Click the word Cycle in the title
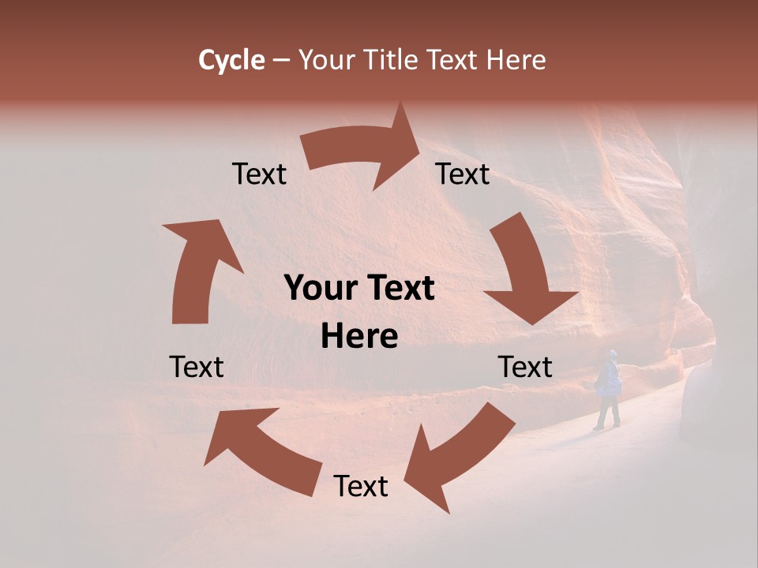coord(231,60)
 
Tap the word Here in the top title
coord(516,60)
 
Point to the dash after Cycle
coord(280,61)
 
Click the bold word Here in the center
coord(359,337)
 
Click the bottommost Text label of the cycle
coord(361,487)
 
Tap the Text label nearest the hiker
coord(525,367)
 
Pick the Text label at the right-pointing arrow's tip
coord(463,174)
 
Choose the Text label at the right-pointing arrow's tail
coord(259,174)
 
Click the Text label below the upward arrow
coord(197,367)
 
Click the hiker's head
coord(613,355)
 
